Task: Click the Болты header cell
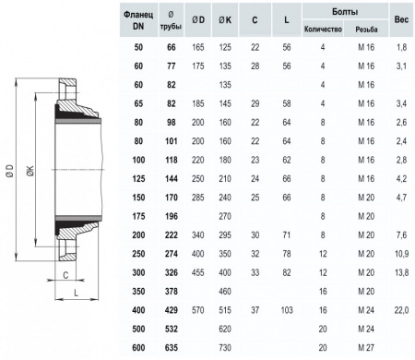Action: click(345, 12)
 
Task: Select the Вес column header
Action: click(401, 19)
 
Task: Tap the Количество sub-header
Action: click(323, 30)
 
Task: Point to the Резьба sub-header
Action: click(366, 30)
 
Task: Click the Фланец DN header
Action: click(138, 20)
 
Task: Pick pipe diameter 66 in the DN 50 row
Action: click(172, 47)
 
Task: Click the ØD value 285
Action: click(198, 198)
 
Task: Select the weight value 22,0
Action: click(401, 310)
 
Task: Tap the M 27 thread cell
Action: click(366, 348)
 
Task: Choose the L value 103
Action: click(287, 310)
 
